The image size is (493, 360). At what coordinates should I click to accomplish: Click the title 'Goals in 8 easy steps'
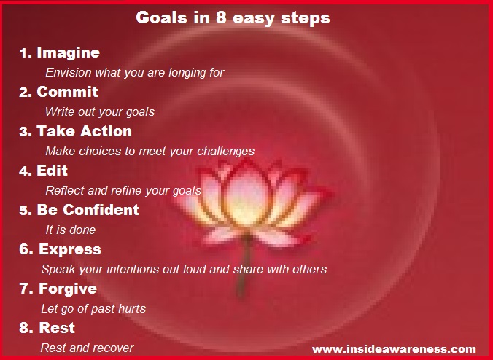pyautogui.click(x=233, y=18)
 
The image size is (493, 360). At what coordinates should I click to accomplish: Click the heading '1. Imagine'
pyautogui.click(x=60, y=53)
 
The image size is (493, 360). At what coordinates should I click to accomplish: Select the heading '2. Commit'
pyautogui.click(x=58, y=93)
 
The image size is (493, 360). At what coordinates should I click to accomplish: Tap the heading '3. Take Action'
pyautogui.click(x=75, y=132)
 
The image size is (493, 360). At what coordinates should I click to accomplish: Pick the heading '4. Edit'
pyautogui.click(x=43, y=171)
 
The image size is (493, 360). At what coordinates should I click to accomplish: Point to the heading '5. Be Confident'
pyautogui.click(x=78, y=211)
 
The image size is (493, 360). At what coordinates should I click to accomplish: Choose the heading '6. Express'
pyautogui.click(x=60, y=250)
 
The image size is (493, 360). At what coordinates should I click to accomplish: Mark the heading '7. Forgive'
pyautogui.click(x=58, y=289)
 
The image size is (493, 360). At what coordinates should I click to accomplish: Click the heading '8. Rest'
pyautogui.click(x=47, y=329)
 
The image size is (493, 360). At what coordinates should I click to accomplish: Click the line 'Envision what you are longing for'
pyautogui.click(x=134, y=73)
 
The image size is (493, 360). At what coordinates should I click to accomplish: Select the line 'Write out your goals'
pyautogui.click(x=99, y=112)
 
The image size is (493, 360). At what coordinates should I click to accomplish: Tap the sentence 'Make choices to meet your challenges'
pyautogui.click(x=150, y=152)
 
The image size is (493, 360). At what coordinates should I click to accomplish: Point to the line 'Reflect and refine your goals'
pyautogui.click(x=123, y=191)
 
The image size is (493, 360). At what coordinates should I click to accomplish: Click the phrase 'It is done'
pyautogui.click(x=70, y=230)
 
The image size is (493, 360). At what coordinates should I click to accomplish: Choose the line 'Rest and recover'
pyautogui.click(x=87, y=348)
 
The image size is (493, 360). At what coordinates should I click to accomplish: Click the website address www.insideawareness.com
pyautogui.click(x=394, y=349)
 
